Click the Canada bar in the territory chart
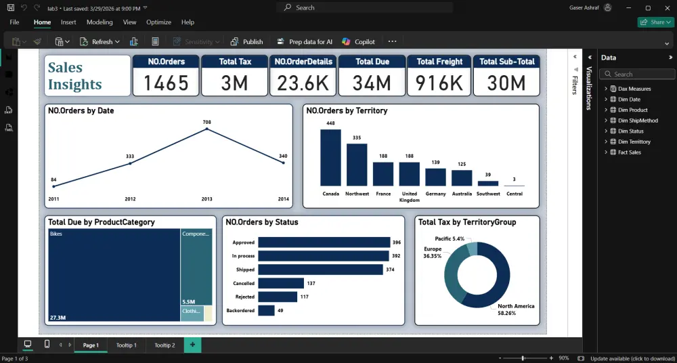tap(330, 157)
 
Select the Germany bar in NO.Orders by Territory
tap(435, 177)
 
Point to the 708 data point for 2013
tap(207, 129)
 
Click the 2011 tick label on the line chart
tap(53, 199)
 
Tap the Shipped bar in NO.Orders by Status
tap(321, 270)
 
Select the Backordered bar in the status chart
tap(266, 310)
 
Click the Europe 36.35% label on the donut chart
tap(432, 253)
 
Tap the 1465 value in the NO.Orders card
tap(166, 83)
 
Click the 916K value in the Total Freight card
tap(439, 83)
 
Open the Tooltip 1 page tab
tap(126, 345)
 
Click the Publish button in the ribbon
tap(246, 42)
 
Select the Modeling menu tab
tap(100, 22)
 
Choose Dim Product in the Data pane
tap(632, 110)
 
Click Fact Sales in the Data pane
tap(630, 152)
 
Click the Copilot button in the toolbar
tap(359, 42)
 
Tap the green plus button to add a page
tap(192, 345)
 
